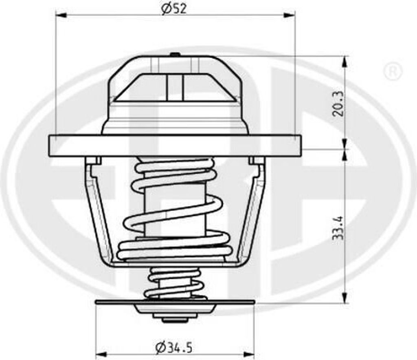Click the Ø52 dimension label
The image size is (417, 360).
(x=174, y=9)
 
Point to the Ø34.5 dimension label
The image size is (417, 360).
(x=174, y=347)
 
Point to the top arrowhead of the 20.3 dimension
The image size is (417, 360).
(x=345, y=61)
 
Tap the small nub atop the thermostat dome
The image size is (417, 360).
(x=175, y=54)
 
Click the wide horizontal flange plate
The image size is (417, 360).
(x=175, y=146)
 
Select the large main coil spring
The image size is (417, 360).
(x=175, y=208)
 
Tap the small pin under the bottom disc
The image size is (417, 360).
(x=175, y=320)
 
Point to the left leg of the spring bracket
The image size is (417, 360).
(x=98, y=212)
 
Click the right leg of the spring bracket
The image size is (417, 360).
(x=252, y=212)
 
